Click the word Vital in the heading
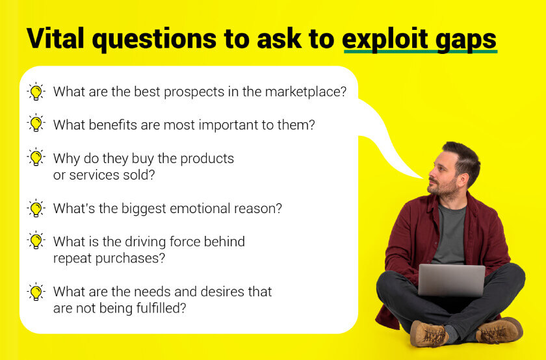[x=55, y=38]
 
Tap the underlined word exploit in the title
[x=385, y=40]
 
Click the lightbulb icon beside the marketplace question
[x=36, y=92]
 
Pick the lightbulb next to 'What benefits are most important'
[x=36, y=123]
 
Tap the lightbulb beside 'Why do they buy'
[x=36, y=157]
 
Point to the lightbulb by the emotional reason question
[x=36, y=208]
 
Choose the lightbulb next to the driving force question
[x=36, y=240]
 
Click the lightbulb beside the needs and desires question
[x=36, y=292]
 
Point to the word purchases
[x=130, y=259]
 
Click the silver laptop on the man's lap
[x=452, y=280]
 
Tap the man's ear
[x=463, y=181]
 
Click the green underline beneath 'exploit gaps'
[x=421, y=51]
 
